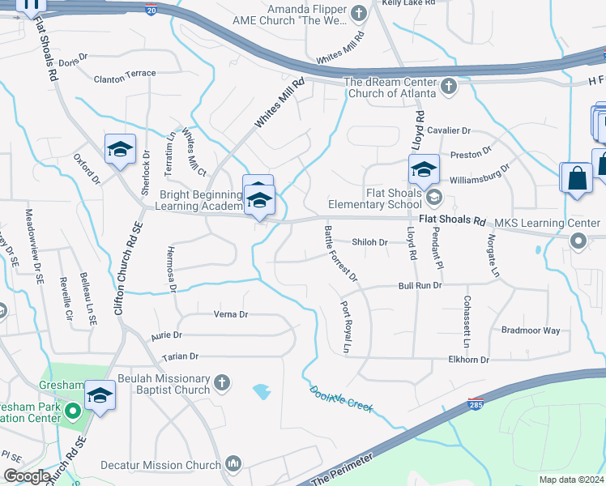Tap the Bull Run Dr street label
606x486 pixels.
coord(420,286)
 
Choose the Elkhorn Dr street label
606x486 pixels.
coord(468,360)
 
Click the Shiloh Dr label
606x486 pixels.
coord(370,242)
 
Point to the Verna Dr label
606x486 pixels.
coord(230,314)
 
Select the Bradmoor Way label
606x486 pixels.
coord(531,330)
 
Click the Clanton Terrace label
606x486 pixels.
coord(124,74)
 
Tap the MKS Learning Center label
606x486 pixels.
coord(547,223)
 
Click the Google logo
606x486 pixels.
coord(27,476)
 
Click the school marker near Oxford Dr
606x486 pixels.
coord(120,150)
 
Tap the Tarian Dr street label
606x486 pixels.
coord(180,356)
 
